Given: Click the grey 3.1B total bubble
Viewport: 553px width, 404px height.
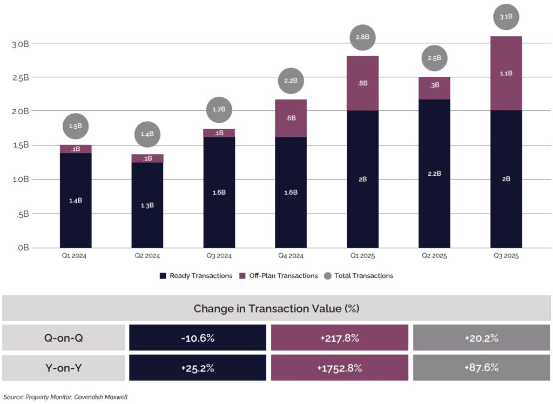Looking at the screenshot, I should click(506, 17).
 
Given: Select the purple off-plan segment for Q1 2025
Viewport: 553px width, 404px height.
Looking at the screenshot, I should click(362, 83).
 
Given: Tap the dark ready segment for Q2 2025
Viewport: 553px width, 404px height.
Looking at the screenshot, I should click(434, 173).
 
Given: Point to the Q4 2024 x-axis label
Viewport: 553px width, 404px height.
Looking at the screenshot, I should click(291, 256).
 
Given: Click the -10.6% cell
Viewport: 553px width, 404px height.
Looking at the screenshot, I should click(198, 338).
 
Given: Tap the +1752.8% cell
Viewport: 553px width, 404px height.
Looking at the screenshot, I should click(340, 368).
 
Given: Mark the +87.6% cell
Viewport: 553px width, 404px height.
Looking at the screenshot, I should click(481, 368).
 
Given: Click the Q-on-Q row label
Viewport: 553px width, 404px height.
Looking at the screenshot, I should click(64, 338).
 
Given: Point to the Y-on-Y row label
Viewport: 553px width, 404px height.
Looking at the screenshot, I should click(64, 368).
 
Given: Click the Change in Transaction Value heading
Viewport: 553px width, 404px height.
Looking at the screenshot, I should click(276, 308).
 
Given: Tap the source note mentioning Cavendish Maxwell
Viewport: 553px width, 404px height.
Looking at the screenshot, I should click(65, 398).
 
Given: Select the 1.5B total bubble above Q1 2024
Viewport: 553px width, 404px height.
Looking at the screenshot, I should click(76, 126).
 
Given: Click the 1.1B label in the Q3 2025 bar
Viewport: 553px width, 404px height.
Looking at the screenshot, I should click(506, 73).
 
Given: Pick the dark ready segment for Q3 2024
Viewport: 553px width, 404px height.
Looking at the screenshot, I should click(219, 192).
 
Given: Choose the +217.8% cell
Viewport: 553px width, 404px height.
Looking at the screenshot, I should click(340, 338).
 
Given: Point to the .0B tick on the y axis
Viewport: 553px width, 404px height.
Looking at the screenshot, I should click(22, 248).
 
